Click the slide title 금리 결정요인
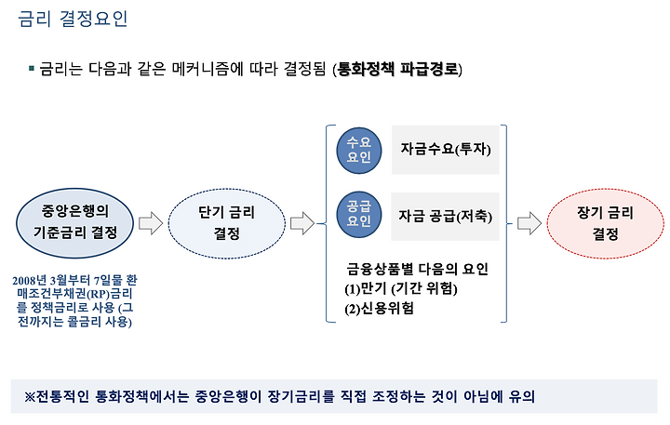tap(73, 19)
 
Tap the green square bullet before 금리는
tap(32, 68)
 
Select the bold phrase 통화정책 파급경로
tap(397, 69)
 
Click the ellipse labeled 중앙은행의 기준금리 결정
tap(74, 223)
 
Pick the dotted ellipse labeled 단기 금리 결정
tap(226, 223)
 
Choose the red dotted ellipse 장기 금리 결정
tap(606, 223)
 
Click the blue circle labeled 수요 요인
tap(359, 151)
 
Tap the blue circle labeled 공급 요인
tap(359, 215)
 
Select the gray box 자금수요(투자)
tap(446, 150)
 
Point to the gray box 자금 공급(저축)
tap(445, 216)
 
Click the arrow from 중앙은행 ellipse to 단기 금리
tap(151, 223)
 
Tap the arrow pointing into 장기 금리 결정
tap(529, 223)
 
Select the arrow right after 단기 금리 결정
tap(302, 223)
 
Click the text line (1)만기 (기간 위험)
tap(401, 288)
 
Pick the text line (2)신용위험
tap(379, 309)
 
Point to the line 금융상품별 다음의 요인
tap(417, 269)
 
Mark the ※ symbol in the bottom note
tap(30, 397)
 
